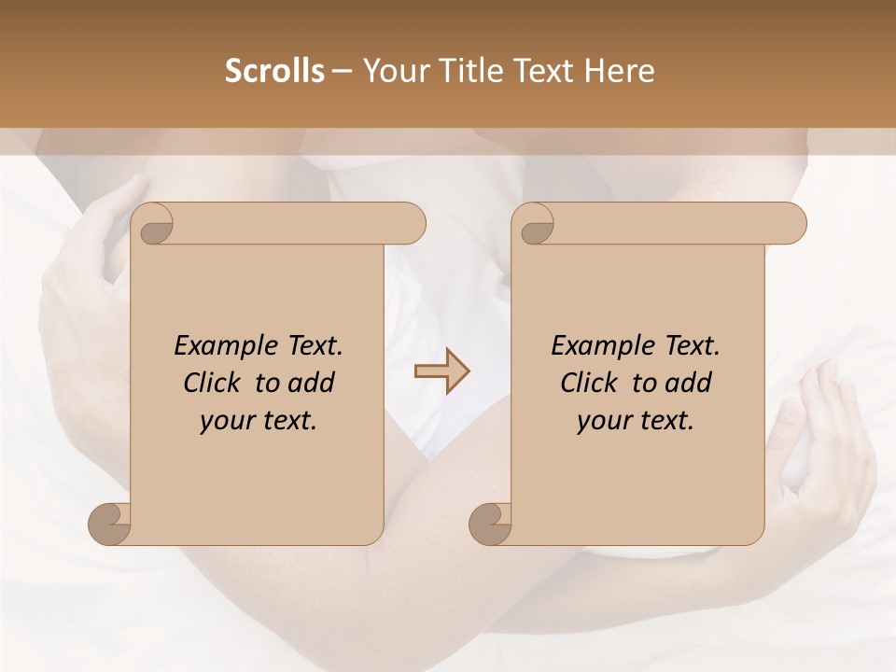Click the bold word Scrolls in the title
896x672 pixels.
pos(274,71)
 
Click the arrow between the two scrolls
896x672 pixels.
pos(441,371)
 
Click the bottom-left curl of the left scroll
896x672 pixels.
pos(109,524)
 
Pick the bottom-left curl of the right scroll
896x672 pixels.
pos(490,524)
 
